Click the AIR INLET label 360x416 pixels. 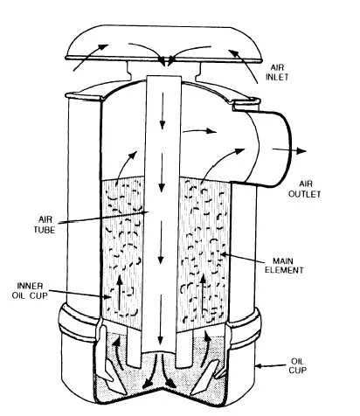tap(277, 73)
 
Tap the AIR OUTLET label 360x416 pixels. tap(305, 189)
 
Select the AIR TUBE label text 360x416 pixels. tap(45, 225)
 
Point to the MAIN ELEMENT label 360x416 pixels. tap(284, 266)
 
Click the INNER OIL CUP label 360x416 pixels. tap(30, 290)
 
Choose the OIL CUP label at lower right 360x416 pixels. tap(297, 365)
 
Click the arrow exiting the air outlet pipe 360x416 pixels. tap(289, 150)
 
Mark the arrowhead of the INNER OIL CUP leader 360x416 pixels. tap(107, 296)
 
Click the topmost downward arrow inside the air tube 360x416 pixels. tap(163, 111)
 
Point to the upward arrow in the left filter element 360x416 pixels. tap(120, 293)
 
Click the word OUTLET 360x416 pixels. tap(305, 194)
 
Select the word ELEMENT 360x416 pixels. tap(284, 270)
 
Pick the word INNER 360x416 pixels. tap(30, 286)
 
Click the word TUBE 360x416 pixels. tap(45, 230)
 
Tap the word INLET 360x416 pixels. tap(277, 77)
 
